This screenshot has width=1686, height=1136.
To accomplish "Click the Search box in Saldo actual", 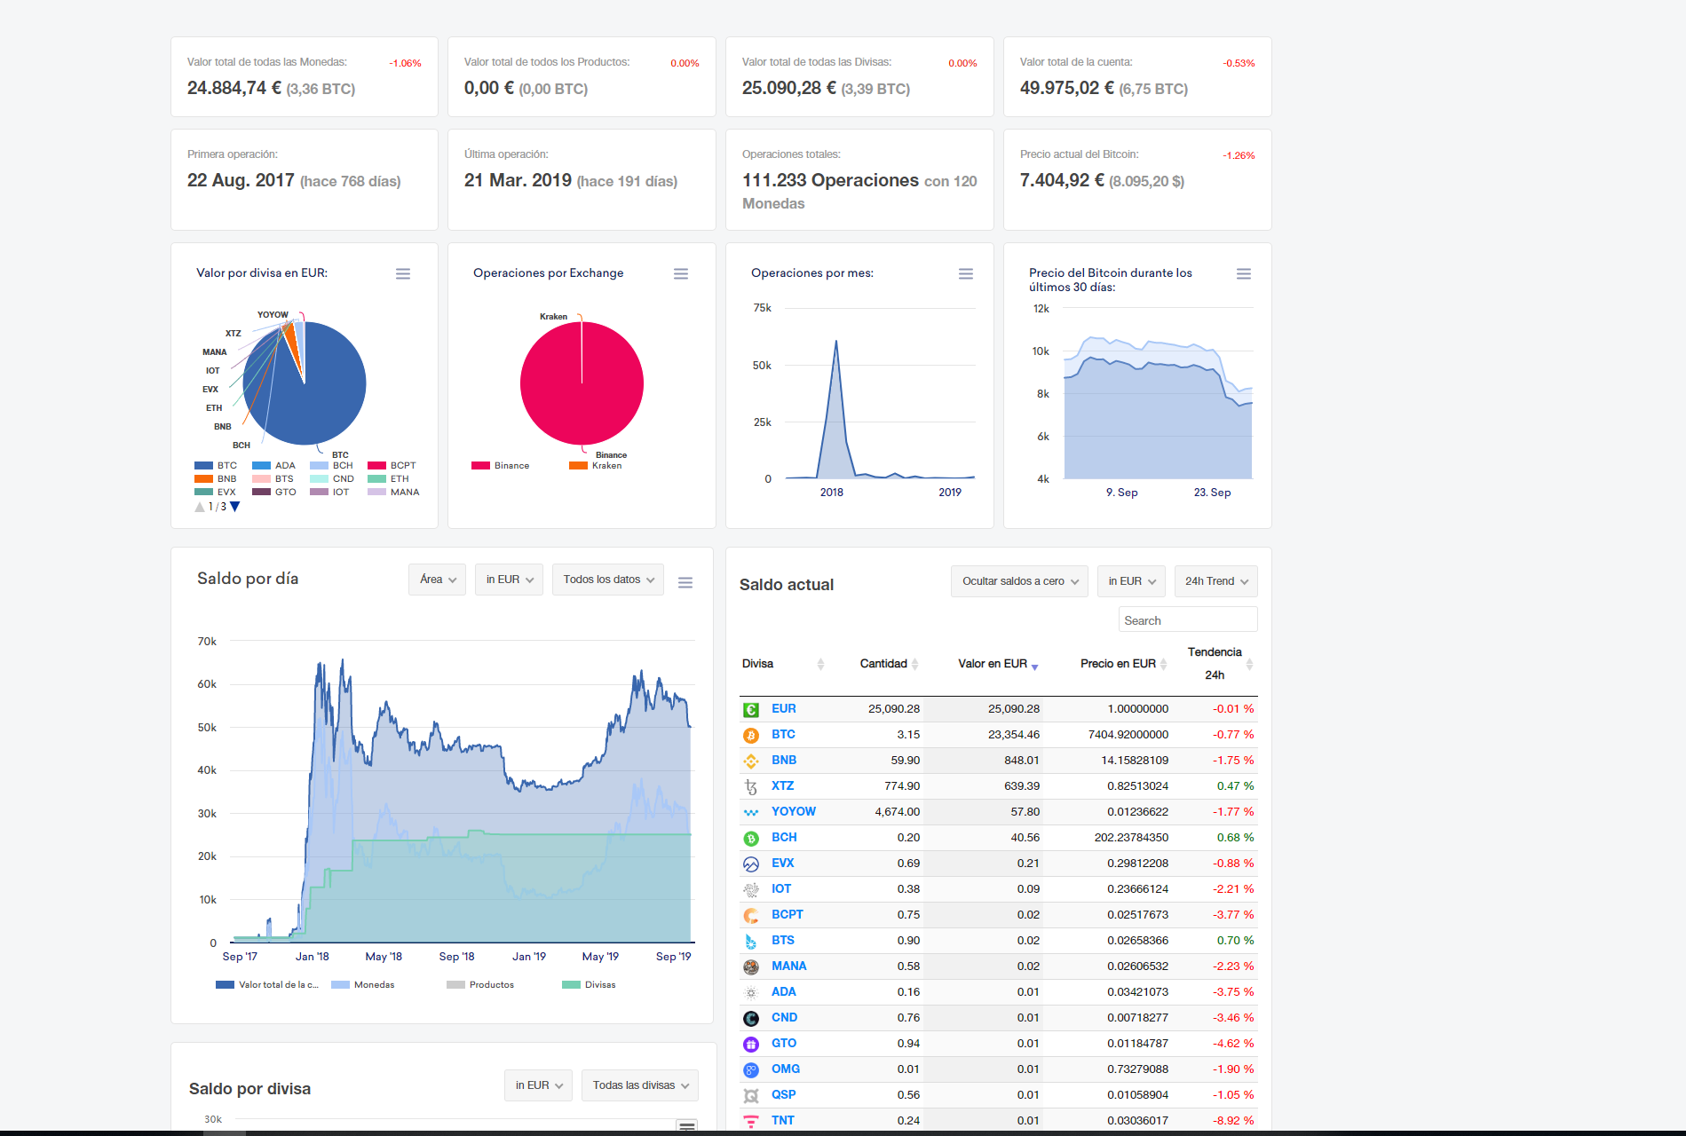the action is (1188, 619).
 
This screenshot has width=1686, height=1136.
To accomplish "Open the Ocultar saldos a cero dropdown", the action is (1019, 581).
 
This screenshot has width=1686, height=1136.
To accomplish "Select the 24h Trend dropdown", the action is (1215, 581).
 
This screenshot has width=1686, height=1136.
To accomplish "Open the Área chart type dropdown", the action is (437, 580).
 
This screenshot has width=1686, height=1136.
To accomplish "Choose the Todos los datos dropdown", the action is (608, 580).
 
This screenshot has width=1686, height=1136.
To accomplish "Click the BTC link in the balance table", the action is (783, 734).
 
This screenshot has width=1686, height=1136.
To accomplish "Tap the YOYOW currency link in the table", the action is (793, 811).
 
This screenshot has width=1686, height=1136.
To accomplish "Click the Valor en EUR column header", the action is (993, 664).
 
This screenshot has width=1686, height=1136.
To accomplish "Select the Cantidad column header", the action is (883, 664).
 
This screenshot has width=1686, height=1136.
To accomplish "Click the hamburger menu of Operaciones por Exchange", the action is (681, 274).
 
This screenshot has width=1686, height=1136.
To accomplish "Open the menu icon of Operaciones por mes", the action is (966, 274).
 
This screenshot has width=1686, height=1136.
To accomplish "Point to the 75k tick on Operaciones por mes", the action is (762, 308).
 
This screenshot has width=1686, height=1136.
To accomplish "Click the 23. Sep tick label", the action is (1212, 493).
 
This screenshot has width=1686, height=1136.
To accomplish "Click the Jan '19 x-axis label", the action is (529, 957).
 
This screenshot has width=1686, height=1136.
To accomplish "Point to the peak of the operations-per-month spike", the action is (835, 341).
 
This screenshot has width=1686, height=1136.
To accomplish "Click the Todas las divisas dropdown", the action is (640, 1085).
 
